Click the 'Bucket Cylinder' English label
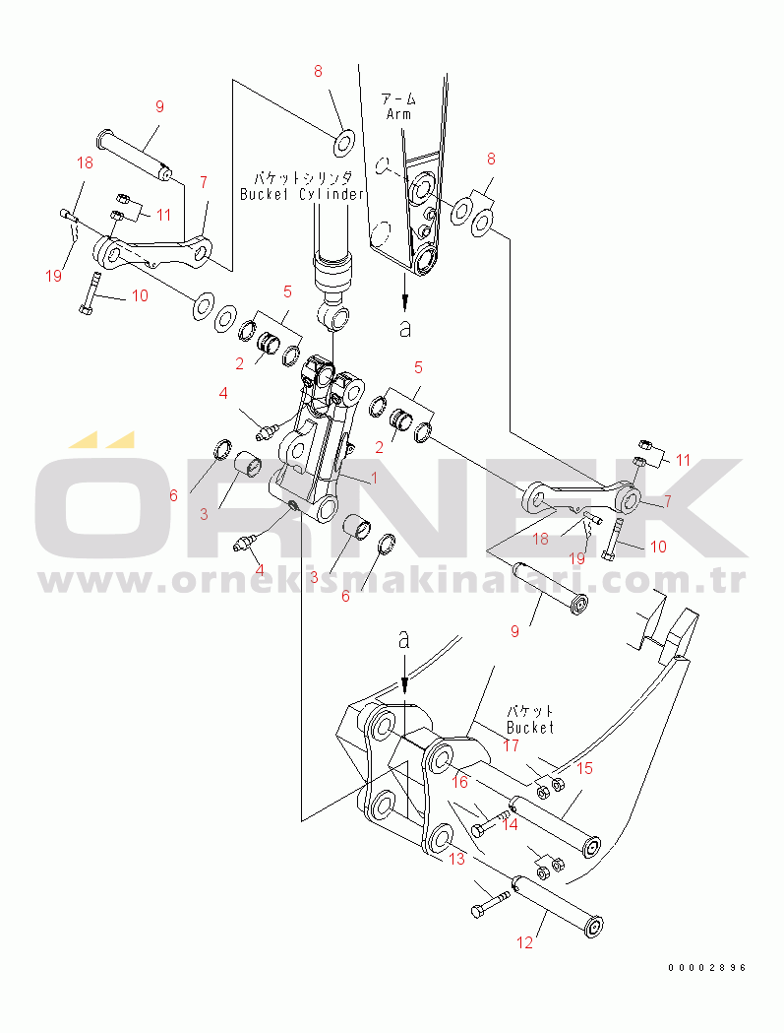[302, 194]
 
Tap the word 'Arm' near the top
[399, 114]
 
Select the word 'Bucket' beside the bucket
[530, 728]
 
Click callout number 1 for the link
[374, 478]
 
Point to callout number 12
[524, 942]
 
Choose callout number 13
[456, 859]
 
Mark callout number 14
[510, 824]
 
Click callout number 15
[584, 768]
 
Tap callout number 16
[459, 782]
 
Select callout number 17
[512, 745]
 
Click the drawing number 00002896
[707, 968]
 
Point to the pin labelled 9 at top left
[135, 156]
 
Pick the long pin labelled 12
[559, 903]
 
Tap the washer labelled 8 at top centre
[344, 143]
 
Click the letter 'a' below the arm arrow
[405, 327]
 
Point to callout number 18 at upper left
[85, 162]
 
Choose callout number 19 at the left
[54, 275]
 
